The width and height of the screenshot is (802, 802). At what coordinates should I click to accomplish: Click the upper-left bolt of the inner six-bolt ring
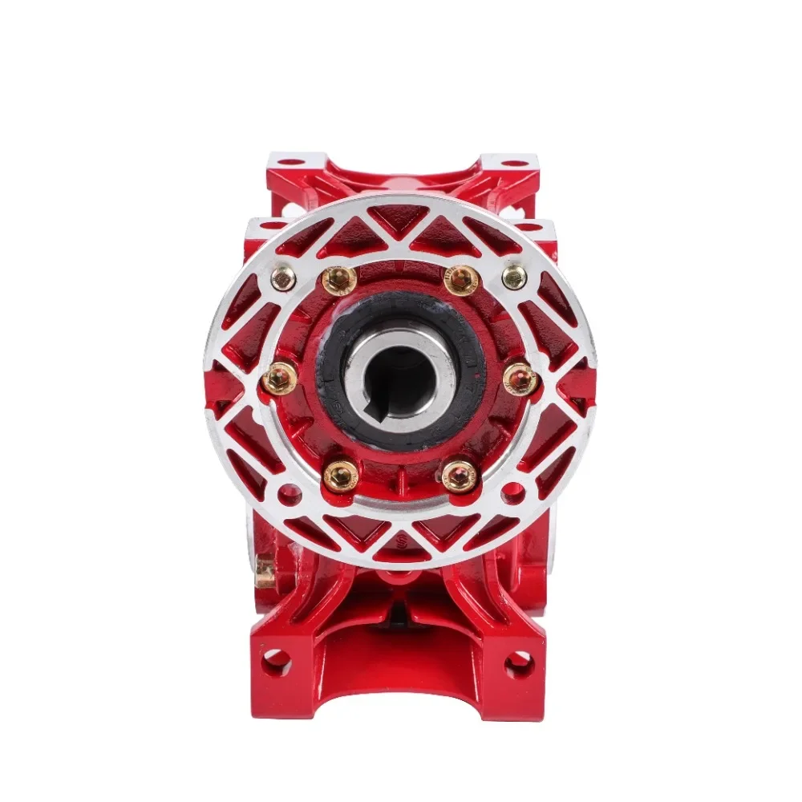[x=340, y=280]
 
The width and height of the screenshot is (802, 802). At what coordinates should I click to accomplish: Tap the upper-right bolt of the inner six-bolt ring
[x=462, y=280]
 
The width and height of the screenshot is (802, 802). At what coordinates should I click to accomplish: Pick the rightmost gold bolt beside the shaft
[x=521, y=379]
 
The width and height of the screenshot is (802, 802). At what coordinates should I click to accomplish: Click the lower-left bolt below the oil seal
[x=340, y=476]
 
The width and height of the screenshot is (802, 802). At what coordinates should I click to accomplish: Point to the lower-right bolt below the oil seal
[x=460, y=476]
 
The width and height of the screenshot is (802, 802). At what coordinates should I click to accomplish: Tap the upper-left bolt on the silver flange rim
[x=283, y=278]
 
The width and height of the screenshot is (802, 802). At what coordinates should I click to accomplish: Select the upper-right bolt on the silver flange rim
[x=514, y=277]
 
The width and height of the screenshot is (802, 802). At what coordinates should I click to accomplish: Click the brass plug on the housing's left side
[x=265, y=571]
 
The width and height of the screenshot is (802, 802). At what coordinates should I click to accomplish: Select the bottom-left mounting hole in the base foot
[x=275, y=662]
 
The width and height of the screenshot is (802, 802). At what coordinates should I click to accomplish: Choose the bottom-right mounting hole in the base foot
[x=519, y=663]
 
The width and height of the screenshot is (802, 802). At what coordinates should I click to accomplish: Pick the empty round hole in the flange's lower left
[x=290, y=494]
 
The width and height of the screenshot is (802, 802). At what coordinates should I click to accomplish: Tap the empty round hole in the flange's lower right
[x=512, y=494]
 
